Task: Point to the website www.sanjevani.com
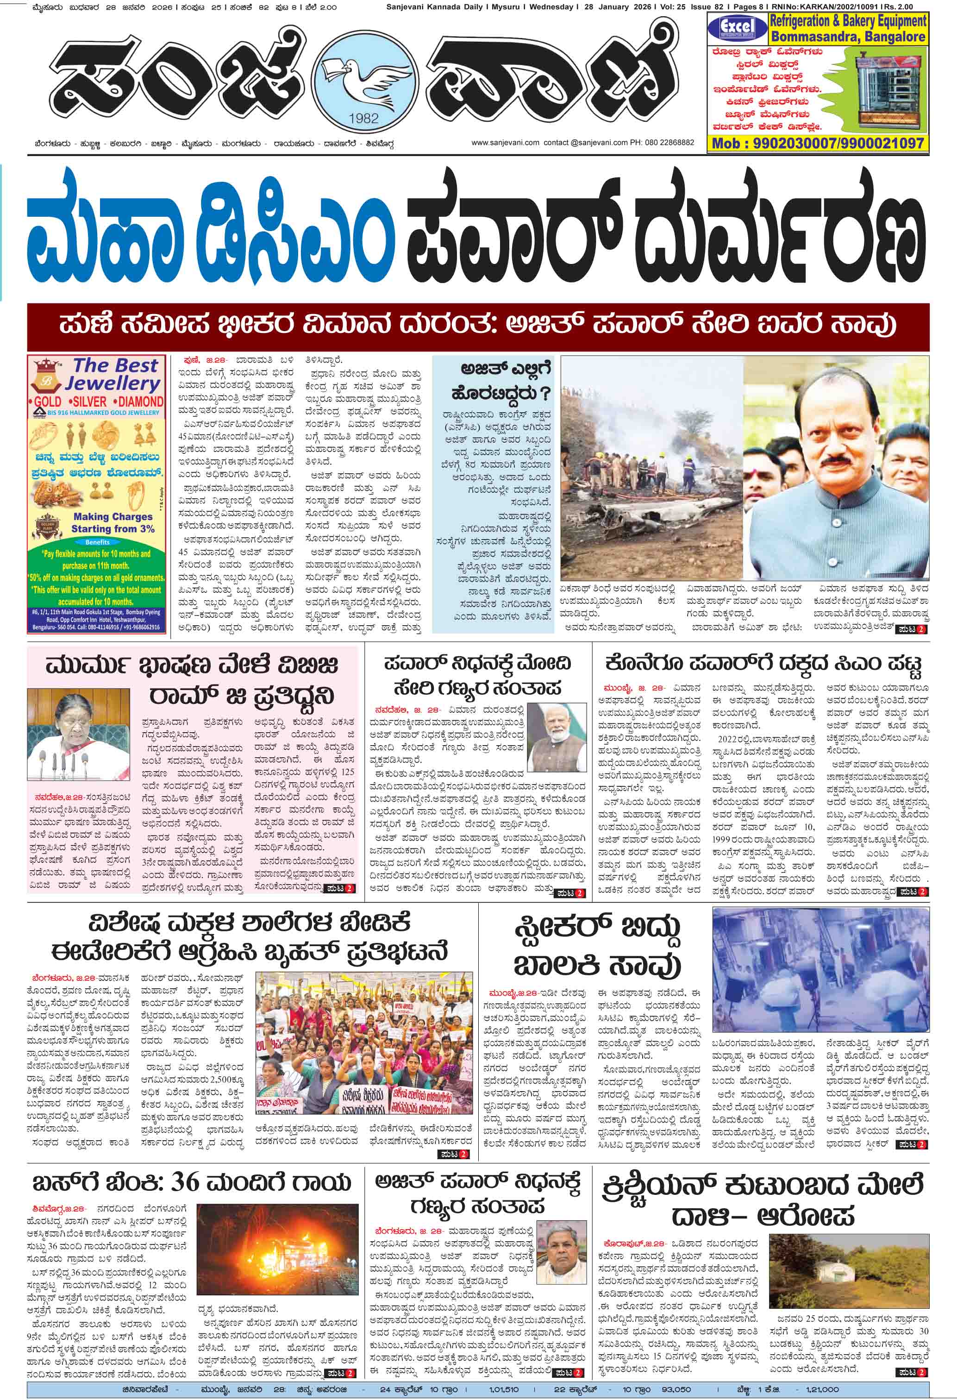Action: click(x=505, y=143)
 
